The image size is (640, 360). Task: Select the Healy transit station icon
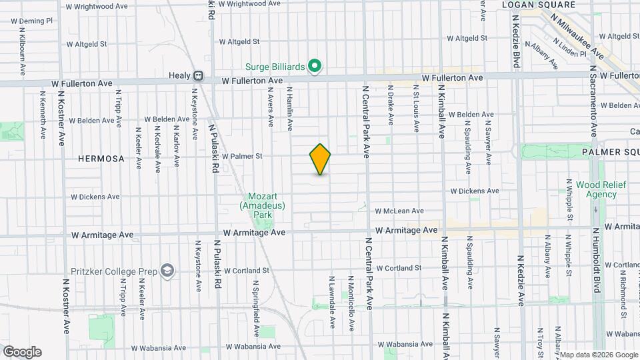point(198,76)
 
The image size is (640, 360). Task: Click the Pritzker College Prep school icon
point(167,271)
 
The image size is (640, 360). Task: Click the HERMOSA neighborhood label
point(101,159)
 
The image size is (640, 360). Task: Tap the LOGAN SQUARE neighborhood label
point(538,5)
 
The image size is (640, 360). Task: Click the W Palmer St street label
point(243,157)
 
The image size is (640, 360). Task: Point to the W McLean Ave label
point(399,211)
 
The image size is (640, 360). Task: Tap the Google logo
point(21,352)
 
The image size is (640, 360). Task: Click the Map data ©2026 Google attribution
point(598,355)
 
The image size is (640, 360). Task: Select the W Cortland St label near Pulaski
point(246,271)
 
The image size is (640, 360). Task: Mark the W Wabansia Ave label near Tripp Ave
point(158,348)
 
